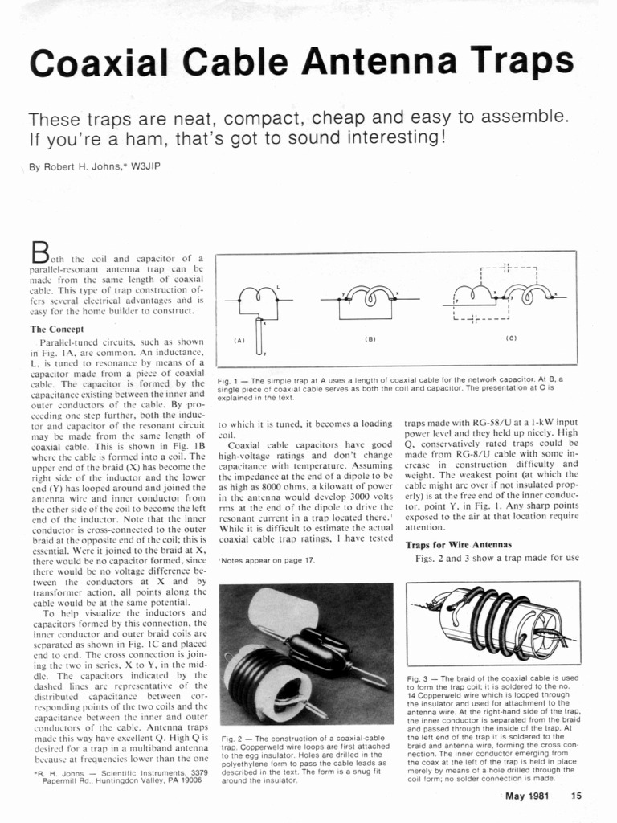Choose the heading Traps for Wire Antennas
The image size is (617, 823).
458,545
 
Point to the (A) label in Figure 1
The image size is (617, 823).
239,340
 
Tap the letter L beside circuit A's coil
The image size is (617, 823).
278,286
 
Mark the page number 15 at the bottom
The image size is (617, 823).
576,796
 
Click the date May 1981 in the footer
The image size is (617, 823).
527,796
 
